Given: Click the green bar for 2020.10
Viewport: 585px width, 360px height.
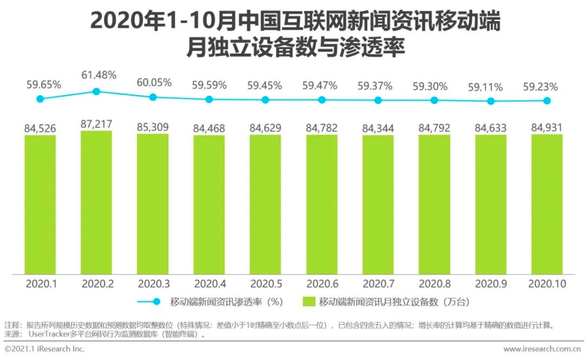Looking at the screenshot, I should [x=547, y=204].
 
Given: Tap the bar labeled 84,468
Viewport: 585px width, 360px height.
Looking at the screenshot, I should [x=209, y=205].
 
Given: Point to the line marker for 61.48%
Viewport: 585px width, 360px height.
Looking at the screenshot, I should [x=96, y=91].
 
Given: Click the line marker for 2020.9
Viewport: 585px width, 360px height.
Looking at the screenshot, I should [x=491, y=101].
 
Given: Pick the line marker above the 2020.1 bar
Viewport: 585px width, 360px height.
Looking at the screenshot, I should [x=40, y=99].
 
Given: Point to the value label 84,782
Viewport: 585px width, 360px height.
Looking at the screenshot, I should [x=322, y=128].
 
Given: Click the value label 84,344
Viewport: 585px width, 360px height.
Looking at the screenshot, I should [x=378, y=129].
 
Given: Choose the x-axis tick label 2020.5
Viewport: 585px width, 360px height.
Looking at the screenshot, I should [x=265, y=283].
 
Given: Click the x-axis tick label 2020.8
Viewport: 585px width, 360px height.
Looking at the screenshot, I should [x=434, y=283].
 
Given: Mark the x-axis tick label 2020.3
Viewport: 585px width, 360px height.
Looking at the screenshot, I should [x=153, y=283].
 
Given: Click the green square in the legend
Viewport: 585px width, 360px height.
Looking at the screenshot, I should [x=309, y=302].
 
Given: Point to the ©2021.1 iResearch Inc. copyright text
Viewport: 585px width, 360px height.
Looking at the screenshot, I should [x=44, y=349].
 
